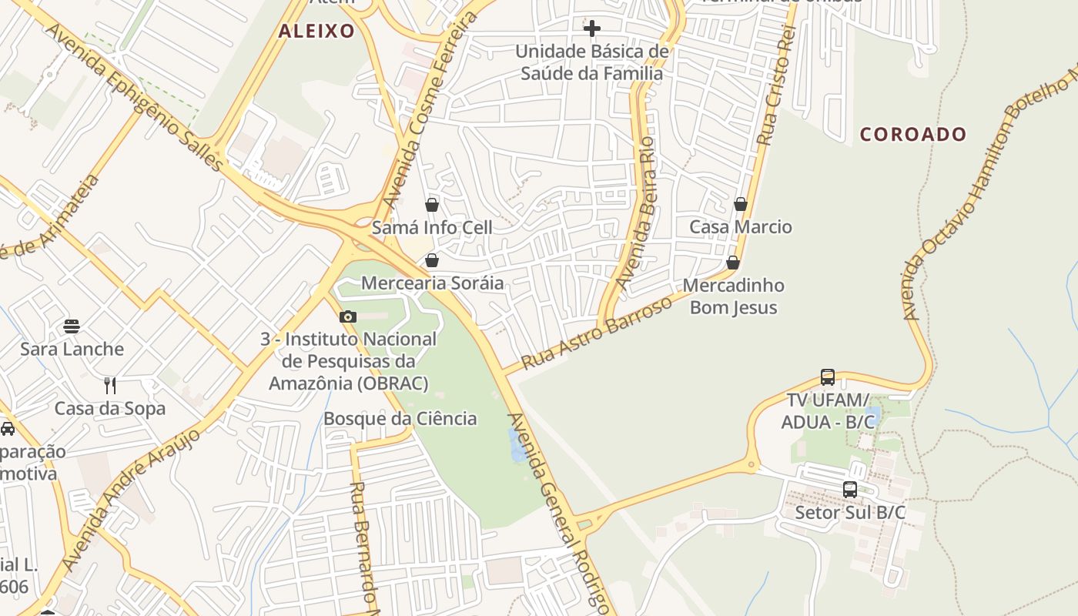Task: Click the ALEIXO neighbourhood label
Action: (316, 32)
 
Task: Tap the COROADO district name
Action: (912, 135)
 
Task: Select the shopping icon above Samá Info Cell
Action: (432, 205)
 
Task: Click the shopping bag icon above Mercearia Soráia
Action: (432, 260)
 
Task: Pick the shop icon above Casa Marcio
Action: (740, 204)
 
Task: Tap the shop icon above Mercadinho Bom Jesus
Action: (733, 263)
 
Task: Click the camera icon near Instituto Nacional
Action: (348, 316)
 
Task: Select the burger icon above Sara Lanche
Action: (72, 326)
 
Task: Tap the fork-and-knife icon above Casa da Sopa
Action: (110, 385)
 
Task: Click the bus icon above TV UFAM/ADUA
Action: (828, 377)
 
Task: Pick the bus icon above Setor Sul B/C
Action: (850, 489)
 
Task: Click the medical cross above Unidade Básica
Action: (591, 29)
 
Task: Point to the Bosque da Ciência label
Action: (400, 419)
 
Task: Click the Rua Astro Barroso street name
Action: (597, 333)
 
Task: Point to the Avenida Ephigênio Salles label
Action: (135, 96)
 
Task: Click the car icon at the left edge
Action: (7, 429)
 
